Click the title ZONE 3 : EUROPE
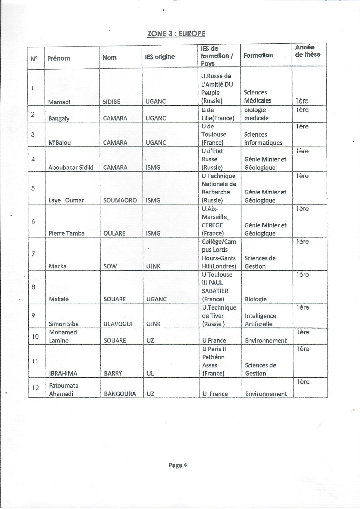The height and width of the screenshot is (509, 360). (x=176, y=34)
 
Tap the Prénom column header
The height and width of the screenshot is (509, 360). (x=59, y=58)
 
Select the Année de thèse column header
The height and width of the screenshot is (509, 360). (x=308, y=51)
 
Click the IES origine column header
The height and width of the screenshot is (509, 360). (x=160, y=57)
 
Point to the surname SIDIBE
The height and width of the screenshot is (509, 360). (x=112, y=102)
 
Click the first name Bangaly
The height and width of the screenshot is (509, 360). (x=59, y=118)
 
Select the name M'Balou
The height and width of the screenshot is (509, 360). (x=60, y=143)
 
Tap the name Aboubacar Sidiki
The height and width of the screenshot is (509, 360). (x=71, y=168)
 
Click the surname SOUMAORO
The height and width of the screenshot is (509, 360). (x=120, y=200)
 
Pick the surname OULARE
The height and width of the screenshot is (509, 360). (x=114, y=233)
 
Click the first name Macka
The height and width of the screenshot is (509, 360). (x=58, y=266)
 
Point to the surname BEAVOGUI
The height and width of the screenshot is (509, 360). (x=118, y=324)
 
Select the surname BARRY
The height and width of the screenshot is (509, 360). (x=113, y=374)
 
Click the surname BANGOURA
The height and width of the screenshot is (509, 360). (x=120, y=394)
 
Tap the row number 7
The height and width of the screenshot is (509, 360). (x=33, y=254)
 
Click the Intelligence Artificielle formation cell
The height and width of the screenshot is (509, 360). (x=260, y=320)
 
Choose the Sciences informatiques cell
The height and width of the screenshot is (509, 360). (x=263, y=139)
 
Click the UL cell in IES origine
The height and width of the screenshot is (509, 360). (x=150, y=374)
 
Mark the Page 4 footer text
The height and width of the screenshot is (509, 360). (x=178, y=465)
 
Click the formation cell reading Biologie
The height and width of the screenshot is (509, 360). (x=256, y=299)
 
